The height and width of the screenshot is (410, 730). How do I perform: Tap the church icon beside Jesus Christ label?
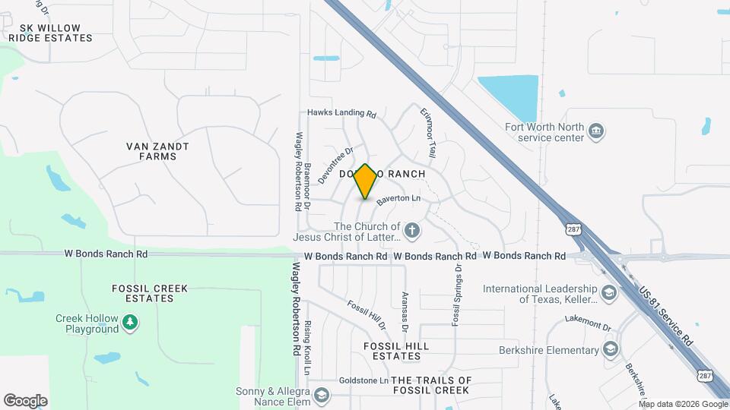(411, 230)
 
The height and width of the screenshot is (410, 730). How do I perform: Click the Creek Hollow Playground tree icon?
(131, 323)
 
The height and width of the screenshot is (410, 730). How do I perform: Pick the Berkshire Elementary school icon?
(610, 349)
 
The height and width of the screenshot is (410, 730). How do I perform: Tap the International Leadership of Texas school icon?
(608, 293)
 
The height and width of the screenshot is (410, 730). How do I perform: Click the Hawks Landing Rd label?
(341, 114)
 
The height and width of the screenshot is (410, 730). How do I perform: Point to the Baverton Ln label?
(398, 198)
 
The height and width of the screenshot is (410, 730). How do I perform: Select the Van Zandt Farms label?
(157, 151)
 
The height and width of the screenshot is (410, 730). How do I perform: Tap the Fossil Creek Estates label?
(150, 293)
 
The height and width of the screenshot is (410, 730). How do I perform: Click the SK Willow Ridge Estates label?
(51, 33)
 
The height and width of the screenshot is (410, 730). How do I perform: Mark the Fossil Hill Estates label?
(395, 351)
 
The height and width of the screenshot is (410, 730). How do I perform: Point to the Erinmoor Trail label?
(428, 132)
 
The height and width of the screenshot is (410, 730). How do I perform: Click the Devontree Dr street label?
(337, 165)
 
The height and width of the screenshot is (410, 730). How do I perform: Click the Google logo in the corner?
(25, 400)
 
